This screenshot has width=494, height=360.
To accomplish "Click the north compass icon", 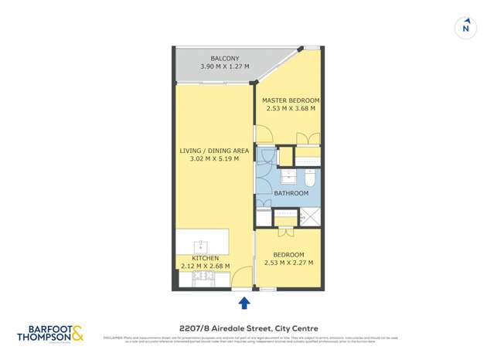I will tap(465, 27).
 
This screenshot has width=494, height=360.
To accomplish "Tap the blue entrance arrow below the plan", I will tap(244, 302).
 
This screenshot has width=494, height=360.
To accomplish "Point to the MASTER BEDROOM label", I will tap(290, 100).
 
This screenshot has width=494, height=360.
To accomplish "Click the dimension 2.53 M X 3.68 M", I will tap(290, 109).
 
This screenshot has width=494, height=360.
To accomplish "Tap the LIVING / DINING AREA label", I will tap(209, 150).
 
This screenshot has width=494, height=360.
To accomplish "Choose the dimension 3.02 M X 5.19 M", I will tap(209, 159).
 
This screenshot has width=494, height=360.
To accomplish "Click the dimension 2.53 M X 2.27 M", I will tap(288, 263).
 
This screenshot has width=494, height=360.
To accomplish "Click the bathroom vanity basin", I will tap(284, 175).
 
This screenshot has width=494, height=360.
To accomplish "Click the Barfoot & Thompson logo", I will tap(50, 333).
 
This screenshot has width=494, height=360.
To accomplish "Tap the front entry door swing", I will tap(240, 277).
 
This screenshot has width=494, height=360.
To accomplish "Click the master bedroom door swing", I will tap(263, 135).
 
